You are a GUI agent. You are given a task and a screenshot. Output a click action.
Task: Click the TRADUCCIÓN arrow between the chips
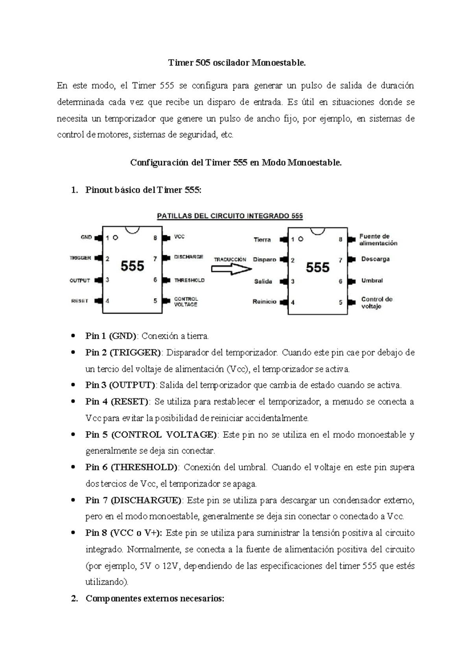(x=231, y=269)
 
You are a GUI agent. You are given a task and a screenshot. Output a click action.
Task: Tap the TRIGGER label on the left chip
(x=80, y=258)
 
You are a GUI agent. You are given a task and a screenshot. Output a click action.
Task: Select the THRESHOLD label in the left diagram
(x=189, y=280)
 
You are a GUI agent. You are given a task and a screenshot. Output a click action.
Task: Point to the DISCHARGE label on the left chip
(x=188, y=257)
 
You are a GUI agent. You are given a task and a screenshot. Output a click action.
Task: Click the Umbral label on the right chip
(x=372, y=281)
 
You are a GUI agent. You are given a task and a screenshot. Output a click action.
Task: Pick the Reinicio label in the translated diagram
(x=264, y=302)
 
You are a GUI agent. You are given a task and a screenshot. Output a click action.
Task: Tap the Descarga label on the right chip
(x=375, y=259)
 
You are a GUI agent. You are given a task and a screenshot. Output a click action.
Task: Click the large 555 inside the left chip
(x=132, y=266)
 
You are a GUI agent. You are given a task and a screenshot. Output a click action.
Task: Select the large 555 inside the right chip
(x=317, y=268)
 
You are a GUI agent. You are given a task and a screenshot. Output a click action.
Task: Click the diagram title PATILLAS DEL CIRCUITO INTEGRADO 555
(x=230, y=216)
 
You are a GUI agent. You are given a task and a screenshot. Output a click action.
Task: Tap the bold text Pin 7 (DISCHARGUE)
(x=133, y=500)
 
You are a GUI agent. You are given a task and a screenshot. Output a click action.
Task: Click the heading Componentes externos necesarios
(x=155, y=599)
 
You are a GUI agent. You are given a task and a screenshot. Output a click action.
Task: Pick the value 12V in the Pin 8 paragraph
(x=170, y=566)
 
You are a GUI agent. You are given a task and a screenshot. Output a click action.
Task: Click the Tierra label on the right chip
(x=262, y=240)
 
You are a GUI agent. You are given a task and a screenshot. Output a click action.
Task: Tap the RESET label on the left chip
(x=79, y=301)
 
